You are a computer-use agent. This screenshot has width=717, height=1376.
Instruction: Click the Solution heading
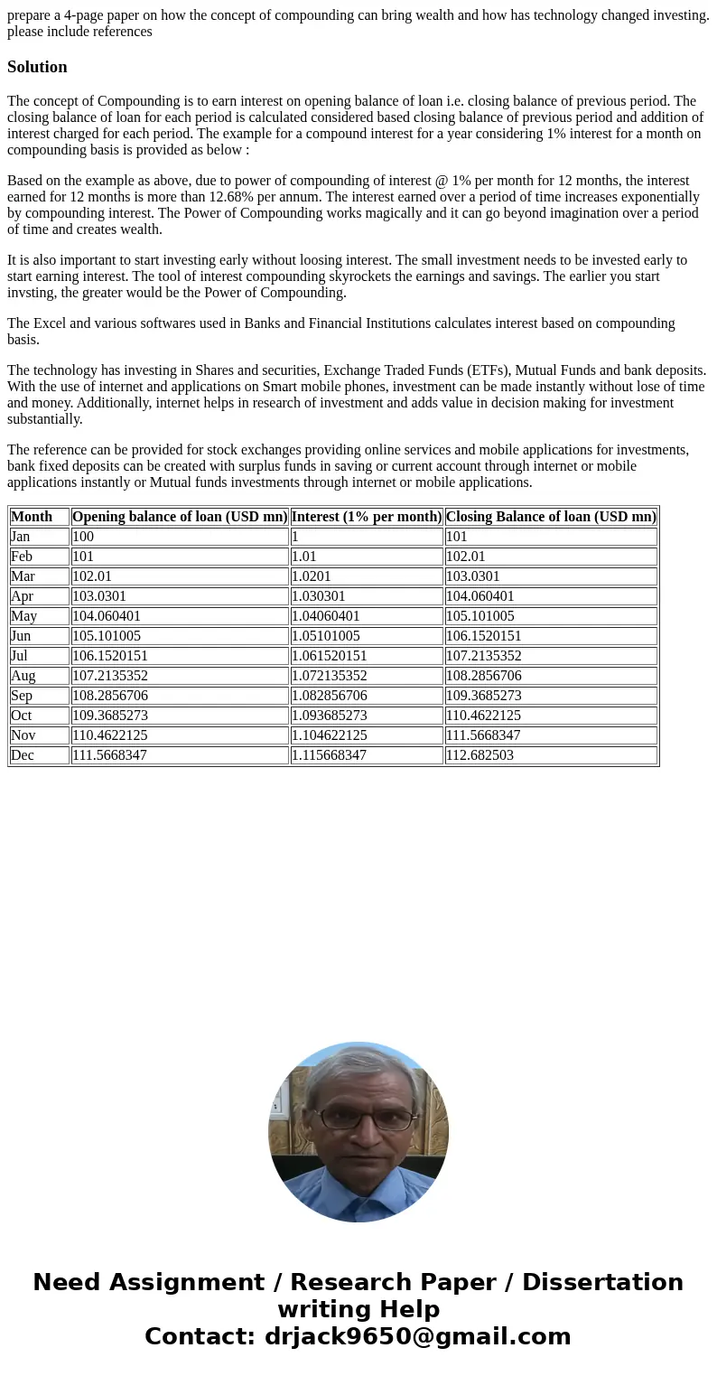click(37, 67)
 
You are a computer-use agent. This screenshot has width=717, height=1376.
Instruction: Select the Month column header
click(32, 517)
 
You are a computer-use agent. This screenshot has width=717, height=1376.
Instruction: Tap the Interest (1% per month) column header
click(366, 517)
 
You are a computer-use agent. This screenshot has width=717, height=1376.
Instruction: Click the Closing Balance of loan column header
click(550, 517)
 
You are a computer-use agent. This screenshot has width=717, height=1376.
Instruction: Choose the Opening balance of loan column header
click(179, 517)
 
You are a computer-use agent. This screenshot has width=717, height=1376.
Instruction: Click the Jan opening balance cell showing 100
click(83, 537)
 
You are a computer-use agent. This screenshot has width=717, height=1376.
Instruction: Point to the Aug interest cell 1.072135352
click(329, 676)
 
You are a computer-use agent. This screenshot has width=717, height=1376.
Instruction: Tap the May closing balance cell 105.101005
click(480, 616)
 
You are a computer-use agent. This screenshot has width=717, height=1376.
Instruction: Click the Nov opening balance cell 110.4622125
click(109, 735)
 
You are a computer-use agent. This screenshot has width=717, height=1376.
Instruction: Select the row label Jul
click(20, 656)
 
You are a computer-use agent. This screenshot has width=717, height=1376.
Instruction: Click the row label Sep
click(22, 696)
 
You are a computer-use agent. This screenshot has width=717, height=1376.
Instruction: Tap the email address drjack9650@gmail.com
click(417, 1336)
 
